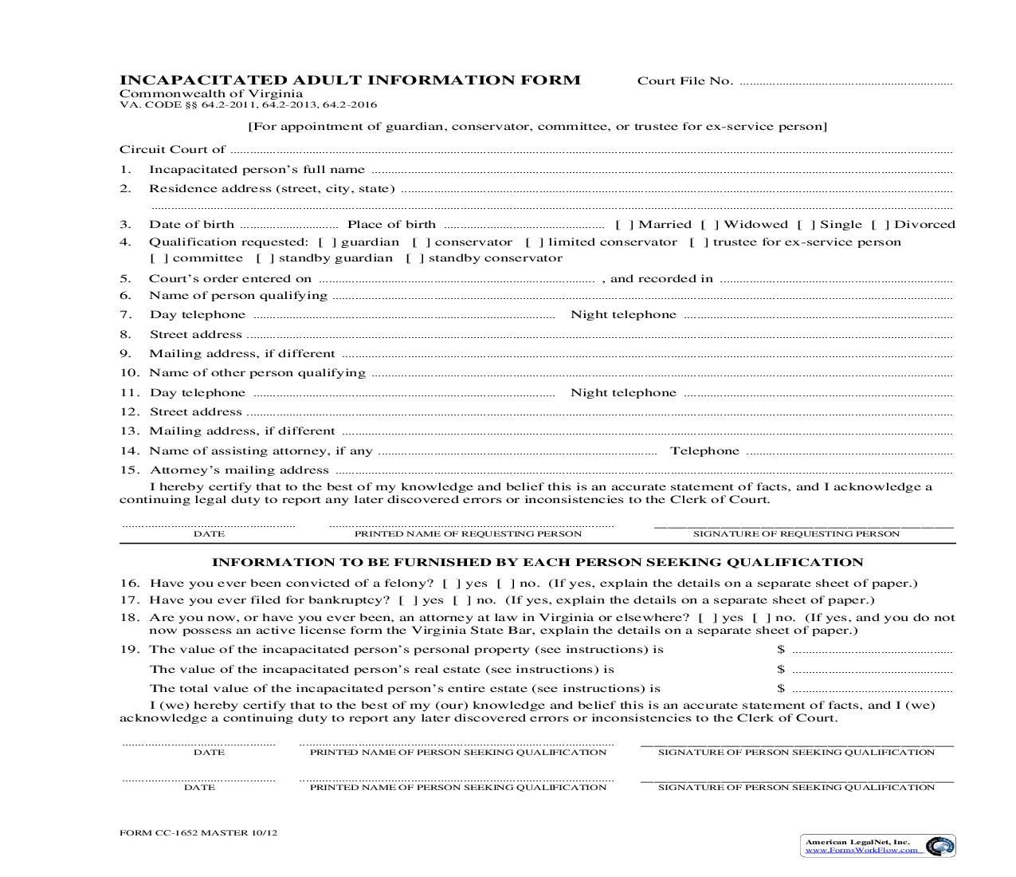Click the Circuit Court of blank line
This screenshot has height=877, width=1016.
[590, 151]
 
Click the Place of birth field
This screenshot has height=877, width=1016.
[524, 226]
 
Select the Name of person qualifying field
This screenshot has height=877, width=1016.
[641, 297]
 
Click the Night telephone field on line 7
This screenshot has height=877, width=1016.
[818, 316]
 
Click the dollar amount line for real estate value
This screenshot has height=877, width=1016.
[873, 671]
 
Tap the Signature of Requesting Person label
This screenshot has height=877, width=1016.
[796, 534]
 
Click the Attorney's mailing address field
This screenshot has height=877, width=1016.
[642, 471]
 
